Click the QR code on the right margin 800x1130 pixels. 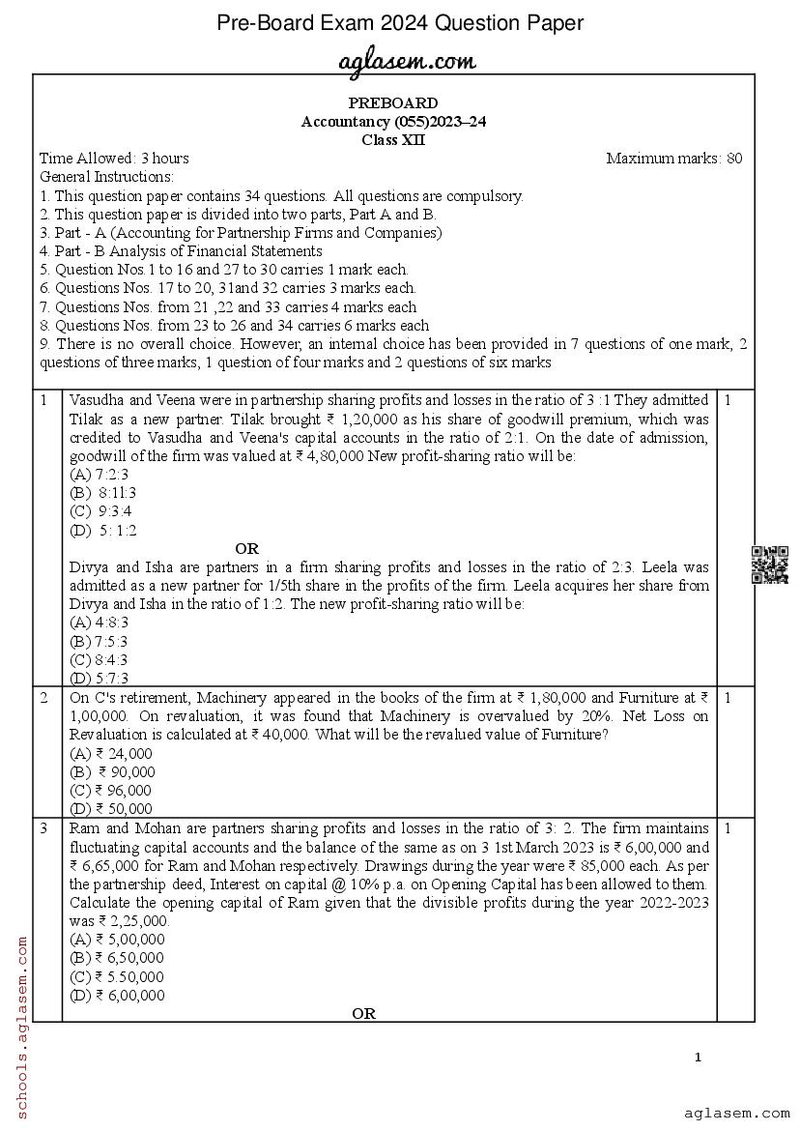coord(770,565)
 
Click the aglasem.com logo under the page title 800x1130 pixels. coord(407,62)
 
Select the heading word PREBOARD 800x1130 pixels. coord(393,103)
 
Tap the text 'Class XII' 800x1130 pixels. coord(393,139)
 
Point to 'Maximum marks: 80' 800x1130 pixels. coord(674,159)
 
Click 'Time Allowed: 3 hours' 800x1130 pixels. coord(115,159)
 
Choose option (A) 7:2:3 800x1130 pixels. coord(100,475)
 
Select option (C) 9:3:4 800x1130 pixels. coord(101,511)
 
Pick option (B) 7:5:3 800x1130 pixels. coord(100,641)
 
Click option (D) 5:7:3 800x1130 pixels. coord(100,678)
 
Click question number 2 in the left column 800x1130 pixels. coord(44,697)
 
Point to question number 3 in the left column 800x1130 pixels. coord(44,828)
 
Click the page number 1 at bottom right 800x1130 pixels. coord(698,1058)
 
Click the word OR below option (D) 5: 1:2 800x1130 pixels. coord(246,549)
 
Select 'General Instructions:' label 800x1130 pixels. coord(106,177)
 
